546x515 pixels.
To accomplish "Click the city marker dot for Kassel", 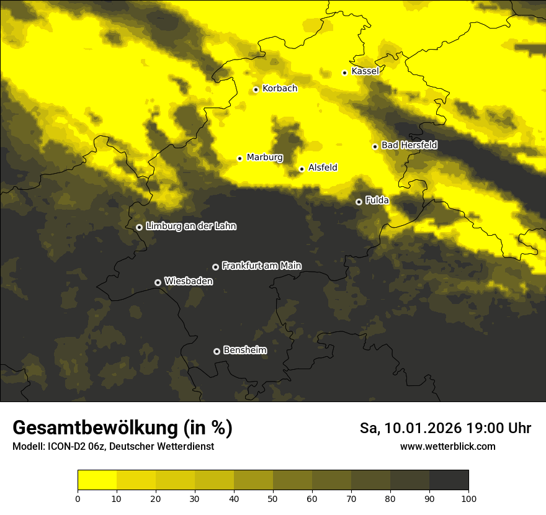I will tap(345, 73).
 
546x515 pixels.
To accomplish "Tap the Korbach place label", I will tap(280, 89).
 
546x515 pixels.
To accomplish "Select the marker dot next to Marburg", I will tap(239, 158).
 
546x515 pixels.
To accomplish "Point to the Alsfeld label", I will tap(323, 168).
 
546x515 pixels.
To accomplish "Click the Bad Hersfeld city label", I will tap(409, 145).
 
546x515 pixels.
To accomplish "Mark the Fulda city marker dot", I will tap(359, 202).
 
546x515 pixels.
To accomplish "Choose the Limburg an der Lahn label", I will tap(191, 226).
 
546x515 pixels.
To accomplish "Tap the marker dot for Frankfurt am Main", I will tap(215, 267).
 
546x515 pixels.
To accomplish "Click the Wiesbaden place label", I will tap(189, 281).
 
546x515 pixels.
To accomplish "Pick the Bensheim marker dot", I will tap(217, 351).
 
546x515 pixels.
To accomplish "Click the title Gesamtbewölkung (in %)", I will tap(122, 428).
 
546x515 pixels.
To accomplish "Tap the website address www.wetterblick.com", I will tap(448, 446).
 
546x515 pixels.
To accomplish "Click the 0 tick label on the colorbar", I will tap(78, 498).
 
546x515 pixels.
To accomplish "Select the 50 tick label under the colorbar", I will tap(273, 498).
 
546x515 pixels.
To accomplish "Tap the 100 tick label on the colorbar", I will tap(468, 498).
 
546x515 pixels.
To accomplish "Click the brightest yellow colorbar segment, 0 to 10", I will tap(97, 480).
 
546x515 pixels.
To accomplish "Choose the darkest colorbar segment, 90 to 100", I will tap(449, 480).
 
